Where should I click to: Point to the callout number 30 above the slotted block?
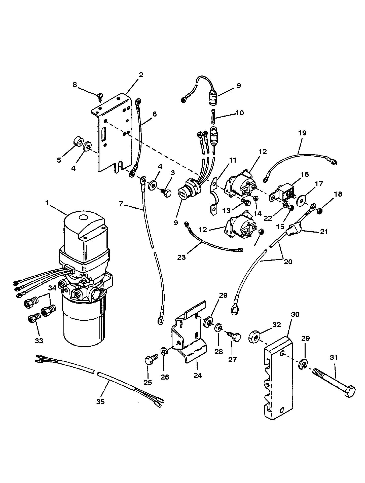tap(295, 315)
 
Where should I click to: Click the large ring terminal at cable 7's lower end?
tap(161, 320)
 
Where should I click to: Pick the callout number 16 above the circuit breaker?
tap(305, 174)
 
